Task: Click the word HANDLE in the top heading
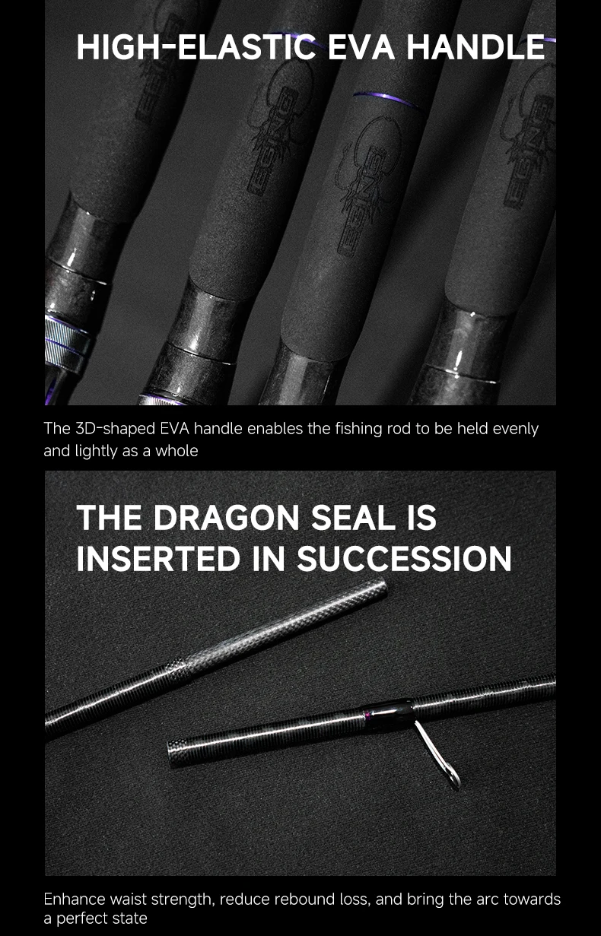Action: tap(475, 47)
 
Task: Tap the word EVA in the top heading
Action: tap(361, 47)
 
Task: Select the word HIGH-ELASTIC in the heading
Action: tap(196, 47)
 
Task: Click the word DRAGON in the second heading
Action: tap(226, 518)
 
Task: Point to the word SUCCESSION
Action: tap(404, 559)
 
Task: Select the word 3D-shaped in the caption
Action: tap(116, 430)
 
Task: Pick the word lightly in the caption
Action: tap(96, 452)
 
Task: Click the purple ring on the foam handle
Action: tap(386, 99)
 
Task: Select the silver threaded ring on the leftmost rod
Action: tap(67, 341)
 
